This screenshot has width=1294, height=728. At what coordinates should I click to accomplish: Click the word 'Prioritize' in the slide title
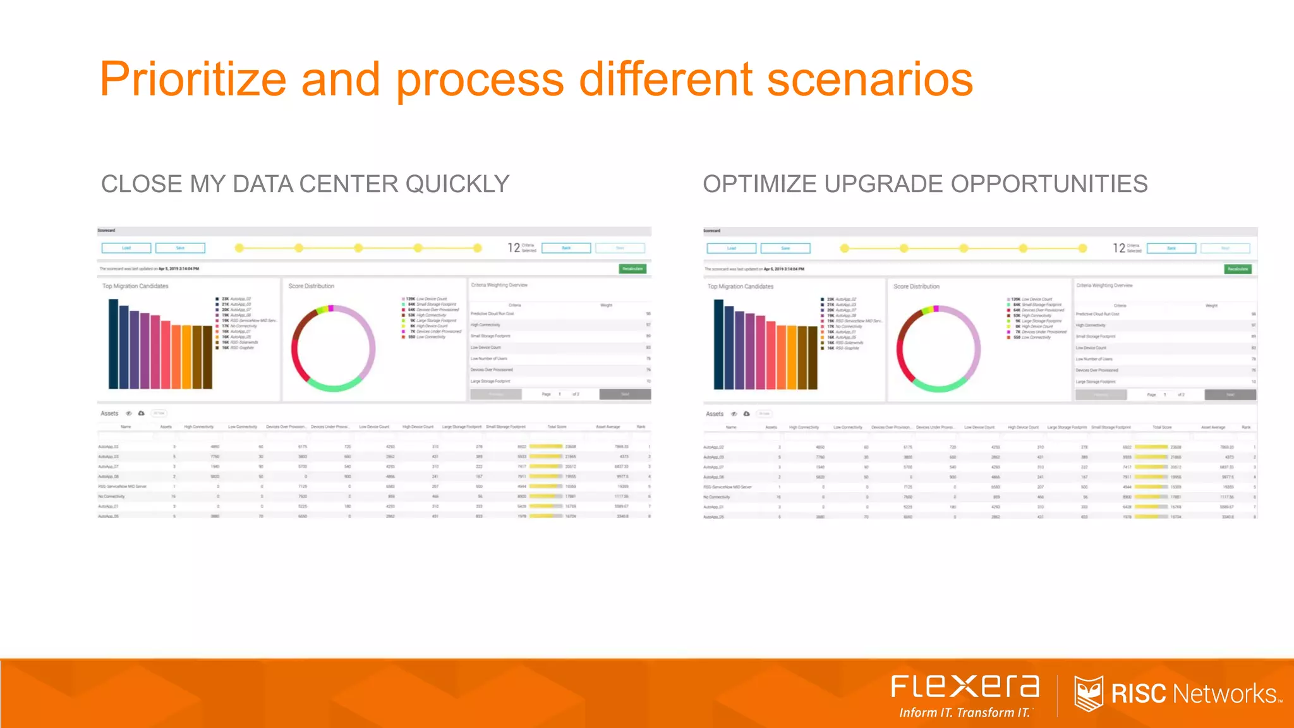193,80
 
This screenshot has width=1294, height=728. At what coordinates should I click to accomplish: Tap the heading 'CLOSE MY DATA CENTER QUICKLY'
305,184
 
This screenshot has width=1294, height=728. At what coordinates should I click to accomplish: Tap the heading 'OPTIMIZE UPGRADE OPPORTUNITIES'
925,184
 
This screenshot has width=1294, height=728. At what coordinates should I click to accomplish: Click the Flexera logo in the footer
965,687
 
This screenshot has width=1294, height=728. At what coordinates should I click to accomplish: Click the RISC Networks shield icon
1088,693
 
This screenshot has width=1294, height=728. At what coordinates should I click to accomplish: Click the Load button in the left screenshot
126,248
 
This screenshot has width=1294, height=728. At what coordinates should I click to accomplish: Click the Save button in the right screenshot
785,248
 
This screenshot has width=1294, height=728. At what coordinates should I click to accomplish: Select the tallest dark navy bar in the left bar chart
114,344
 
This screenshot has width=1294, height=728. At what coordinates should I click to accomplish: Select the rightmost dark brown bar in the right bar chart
812,358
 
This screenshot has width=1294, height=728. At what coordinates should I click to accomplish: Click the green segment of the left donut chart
333,384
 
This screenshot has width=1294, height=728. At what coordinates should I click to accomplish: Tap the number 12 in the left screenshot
514,248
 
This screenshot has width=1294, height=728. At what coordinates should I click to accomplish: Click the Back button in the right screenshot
1171,248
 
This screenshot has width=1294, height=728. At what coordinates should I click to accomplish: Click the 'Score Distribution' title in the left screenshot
311,286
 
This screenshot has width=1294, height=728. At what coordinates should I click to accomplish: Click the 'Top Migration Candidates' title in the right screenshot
740,286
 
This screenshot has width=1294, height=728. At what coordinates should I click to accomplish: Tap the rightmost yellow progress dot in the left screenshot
478,248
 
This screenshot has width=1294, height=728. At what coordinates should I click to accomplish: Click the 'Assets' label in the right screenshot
715,414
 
